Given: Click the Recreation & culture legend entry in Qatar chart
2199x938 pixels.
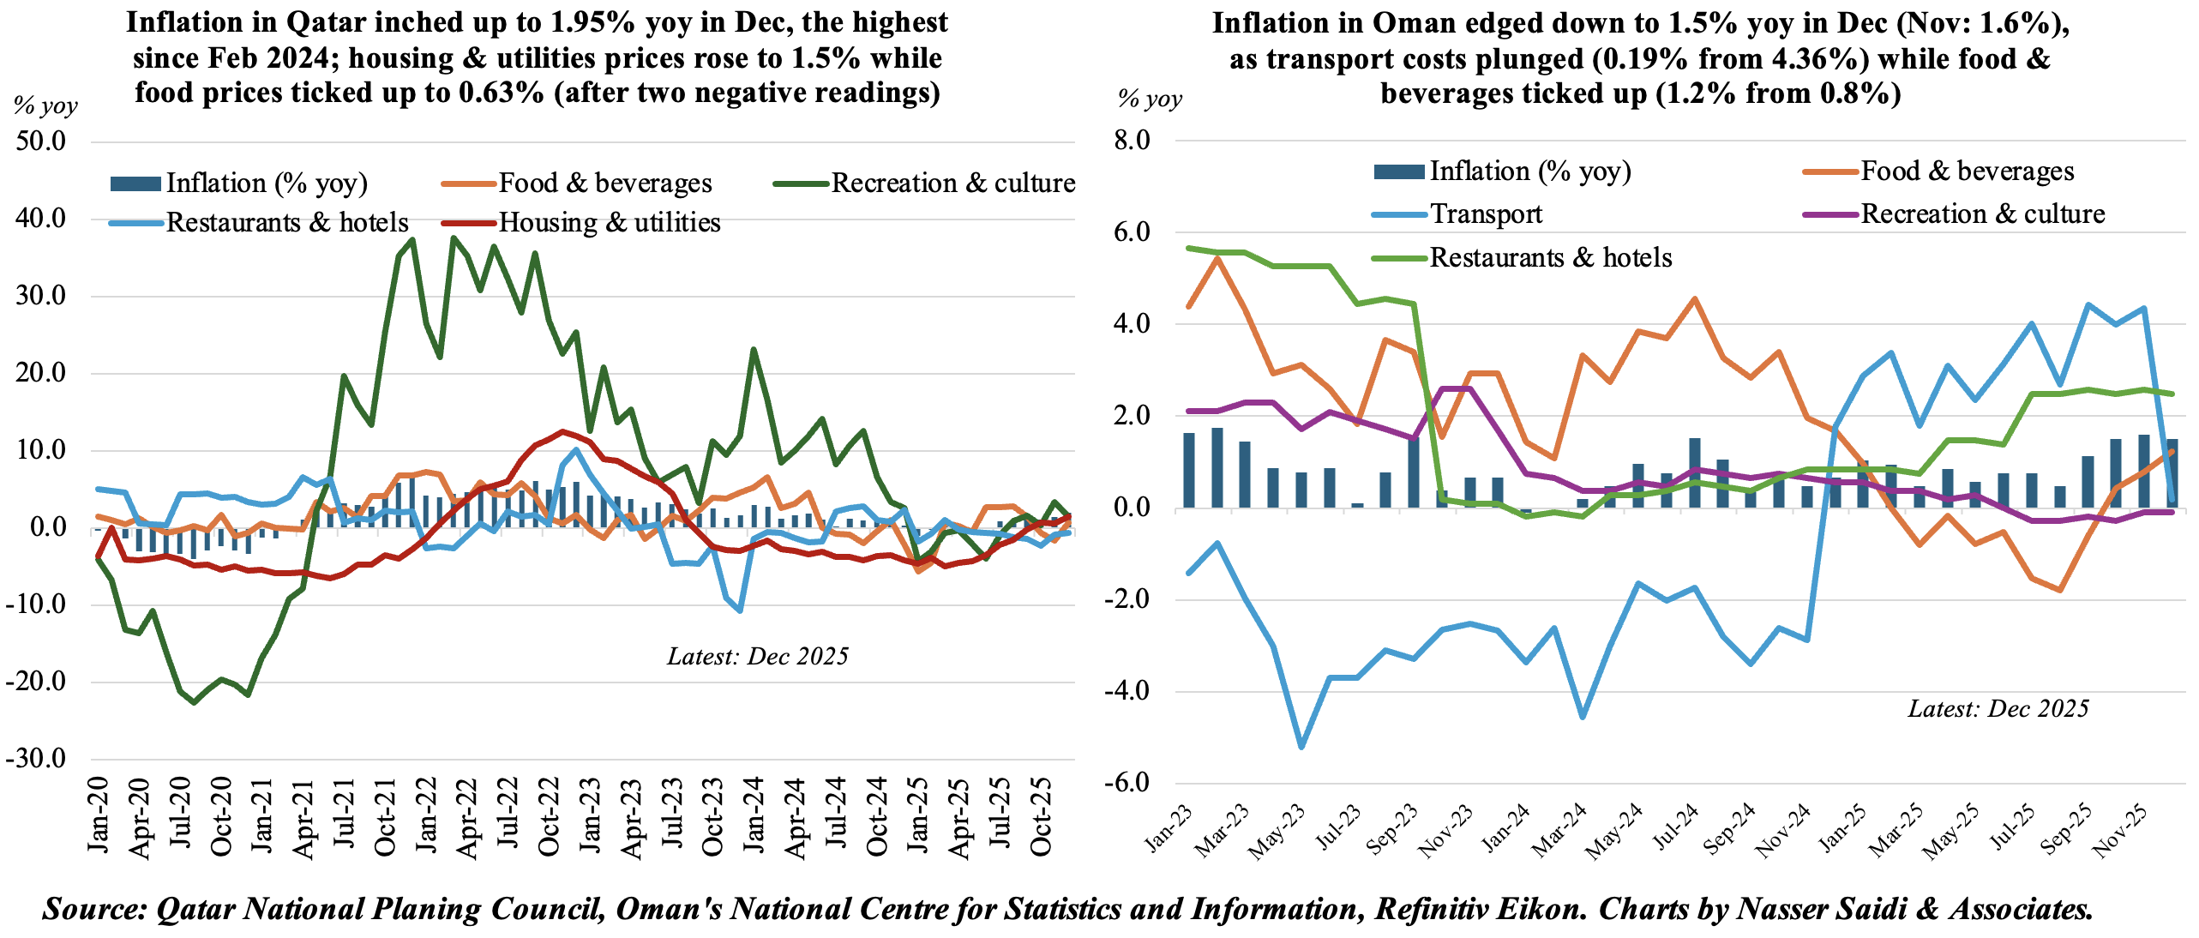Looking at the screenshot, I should tap(952, 183).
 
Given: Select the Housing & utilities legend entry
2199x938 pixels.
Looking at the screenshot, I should tap(609, 223).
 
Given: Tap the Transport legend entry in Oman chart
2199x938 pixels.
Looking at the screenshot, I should tap(1486, 214).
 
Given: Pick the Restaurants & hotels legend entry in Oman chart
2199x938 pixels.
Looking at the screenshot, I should tap(1550, 258).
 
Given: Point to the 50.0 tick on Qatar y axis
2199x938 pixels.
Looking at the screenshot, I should tap(40, 141).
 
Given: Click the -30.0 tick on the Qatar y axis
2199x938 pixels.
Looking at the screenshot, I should tap(36, 759).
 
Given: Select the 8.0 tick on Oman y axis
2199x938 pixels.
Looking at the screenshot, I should tap(1132, 141).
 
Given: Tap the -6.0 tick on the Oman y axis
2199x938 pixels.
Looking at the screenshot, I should tap(1127, 782).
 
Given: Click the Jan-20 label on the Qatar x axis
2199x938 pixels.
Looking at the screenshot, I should tap(99, 815).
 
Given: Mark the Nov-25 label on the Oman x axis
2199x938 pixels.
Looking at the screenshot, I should tap(2120, 831).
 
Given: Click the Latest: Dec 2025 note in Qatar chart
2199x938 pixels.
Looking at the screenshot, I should tap(758, 657).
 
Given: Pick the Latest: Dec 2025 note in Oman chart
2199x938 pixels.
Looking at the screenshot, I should tap(1998, 709).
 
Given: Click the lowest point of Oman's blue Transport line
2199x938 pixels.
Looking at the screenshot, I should tap(1301, 747).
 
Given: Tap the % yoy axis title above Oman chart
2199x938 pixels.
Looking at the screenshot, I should tap(1151, 99).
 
